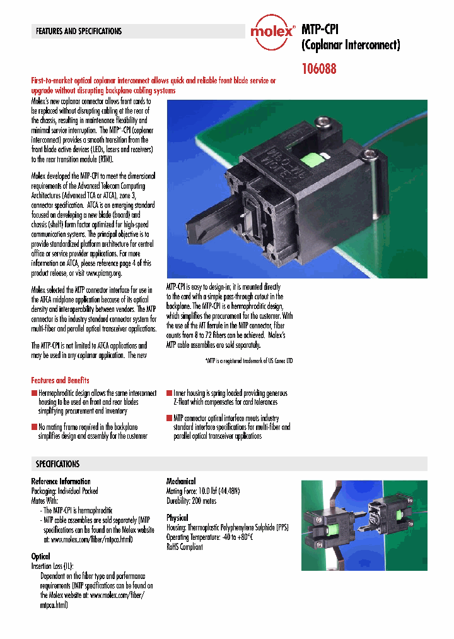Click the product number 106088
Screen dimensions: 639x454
pyautogui.click(x=319, y=69)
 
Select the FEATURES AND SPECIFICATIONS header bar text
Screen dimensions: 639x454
pyautogui.click(x=79, y=31)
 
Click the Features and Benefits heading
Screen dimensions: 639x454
pyautogui.click(x=60, y=380)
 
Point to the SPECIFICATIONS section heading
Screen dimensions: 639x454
pyautogui.click(x=57, y=463)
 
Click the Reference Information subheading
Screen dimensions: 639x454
pyautogui.click(x=61, y=481)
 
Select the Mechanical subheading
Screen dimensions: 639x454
pyautogui.click(x=180, y=481)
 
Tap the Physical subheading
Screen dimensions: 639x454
pyautogui.click(x=177, y=518)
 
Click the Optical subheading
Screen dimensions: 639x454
pyautogui.click(x=41, y=557)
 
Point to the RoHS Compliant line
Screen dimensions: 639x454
pyautogui.click(x=185, y=547)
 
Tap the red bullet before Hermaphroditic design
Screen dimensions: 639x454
pyautogui.click(x=35, y=393)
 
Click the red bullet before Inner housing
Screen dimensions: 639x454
pyautogui.click(x=169, y=393)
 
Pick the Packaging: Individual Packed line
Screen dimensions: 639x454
pyautogui.click(x=65, y=491)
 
